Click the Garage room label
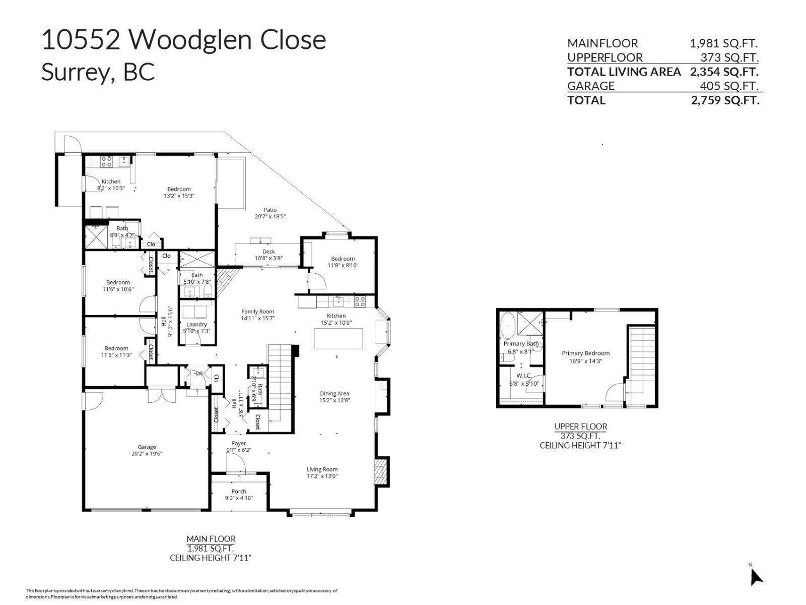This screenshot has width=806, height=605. (x=147, y=450)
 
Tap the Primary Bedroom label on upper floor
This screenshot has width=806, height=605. (x=585, y=356)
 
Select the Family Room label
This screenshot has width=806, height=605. (x=257, y=315)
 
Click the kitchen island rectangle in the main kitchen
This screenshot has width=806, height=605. (x=338, y=338)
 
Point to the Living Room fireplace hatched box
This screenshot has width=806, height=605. (x=381, y=472)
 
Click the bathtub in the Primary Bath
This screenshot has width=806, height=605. (x=507, y=326)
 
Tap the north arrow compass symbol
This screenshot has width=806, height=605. (x=755, y=576)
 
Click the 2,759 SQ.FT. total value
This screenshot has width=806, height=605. (x=725, y=100)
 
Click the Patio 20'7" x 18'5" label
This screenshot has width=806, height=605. (x=270, y=213)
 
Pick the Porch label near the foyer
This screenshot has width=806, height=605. (x=239, y=494)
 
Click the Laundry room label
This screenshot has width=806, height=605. (x=196, y=327)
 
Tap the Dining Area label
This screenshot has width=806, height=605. (x=334, y=397)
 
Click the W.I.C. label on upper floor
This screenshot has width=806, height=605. (x=524, y=379)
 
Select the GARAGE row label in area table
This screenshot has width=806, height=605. (x=590, y=86)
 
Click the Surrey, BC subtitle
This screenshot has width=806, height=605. (x=98, y=72)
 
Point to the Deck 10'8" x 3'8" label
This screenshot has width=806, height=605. (x=268, y=255)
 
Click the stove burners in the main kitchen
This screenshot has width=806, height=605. (x=360, y=301)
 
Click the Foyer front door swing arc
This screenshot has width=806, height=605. (x=233, y=461)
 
